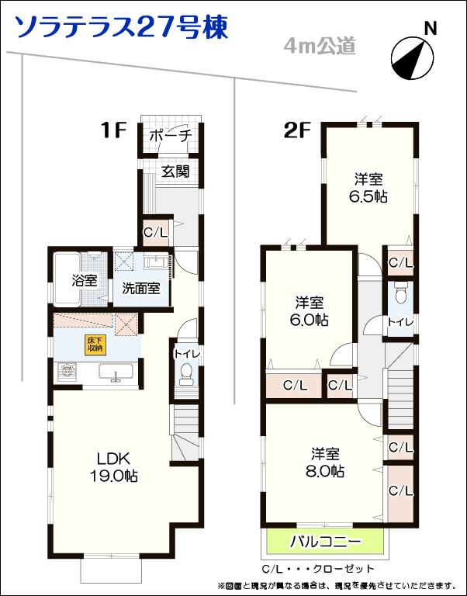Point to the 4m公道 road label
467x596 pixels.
[x=320, y=47]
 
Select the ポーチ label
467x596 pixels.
[x=170, y=136]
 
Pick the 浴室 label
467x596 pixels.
[x=85, y=279]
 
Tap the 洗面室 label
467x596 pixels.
[x=141, y=288]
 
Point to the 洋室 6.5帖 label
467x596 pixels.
[x=368, y=187]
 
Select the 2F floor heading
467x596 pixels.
[x=297, y=130]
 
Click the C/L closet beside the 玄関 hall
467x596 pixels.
[x=156, y=231]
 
